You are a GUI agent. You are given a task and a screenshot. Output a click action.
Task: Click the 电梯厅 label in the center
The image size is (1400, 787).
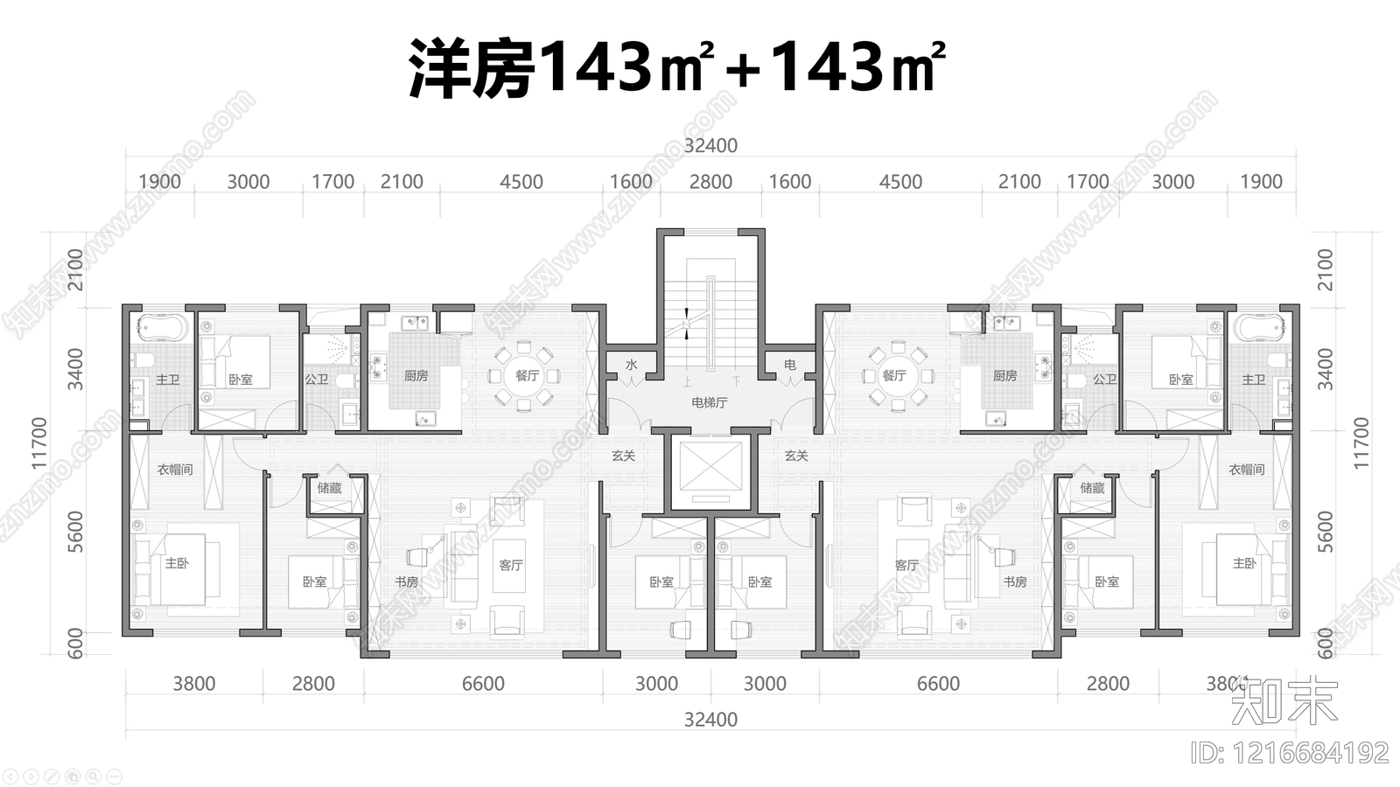tap(709, 403)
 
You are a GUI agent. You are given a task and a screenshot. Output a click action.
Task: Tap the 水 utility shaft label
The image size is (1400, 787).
tap(631, 365)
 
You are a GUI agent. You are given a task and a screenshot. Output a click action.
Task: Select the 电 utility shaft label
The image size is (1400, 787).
tap(789, 365)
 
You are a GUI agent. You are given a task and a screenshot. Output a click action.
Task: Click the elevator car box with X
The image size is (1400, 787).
tap(710, 470)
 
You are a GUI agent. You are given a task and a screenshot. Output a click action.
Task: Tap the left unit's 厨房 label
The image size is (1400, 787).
tap(416, 376)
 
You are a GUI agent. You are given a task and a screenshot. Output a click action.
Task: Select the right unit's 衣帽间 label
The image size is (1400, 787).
tap(1246, 470)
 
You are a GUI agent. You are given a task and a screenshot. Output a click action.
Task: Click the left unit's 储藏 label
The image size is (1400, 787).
tap(330, 488)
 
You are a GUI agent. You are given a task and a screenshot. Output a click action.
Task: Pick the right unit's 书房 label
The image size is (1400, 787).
tap(1015, 582)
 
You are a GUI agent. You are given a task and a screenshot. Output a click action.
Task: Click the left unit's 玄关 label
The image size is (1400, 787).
tap(623, 456)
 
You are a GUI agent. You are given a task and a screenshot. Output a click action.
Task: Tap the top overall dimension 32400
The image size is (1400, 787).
tap(710, 146)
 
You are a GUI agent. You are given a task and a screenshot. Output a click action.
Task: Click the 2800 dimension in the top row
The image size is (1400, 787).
tap(710, 182)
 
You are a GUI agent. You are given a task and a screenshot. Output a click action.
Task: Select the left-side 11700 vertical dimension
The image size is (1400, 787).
tap(39, 442)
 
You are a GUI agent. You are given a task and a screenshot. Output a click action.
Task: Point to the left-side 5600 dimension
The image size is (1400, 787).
tap(76, 531)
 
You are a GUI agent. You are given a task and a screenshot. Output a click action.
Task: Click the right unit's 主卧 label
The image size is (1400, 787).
tap(1243, 564)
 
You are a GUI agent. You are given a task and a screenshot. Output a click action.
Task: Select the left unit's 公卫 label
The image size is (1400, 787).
tap(316, 380)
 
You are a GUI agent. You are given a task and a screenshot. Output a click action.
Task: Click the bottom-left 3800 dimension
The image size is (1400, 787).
tap(193, 684)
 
